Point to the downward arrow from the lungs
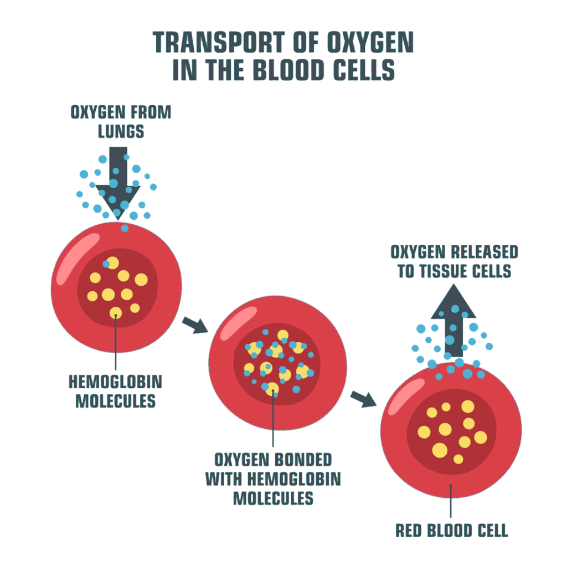tap(118, 177)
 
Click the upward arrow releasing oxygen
tap(453, 321)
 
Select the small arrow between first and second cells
tap(193, 325)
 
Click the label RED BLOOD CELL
tap(451, 530)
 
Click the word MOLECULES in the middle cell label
tap(273, 497)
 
